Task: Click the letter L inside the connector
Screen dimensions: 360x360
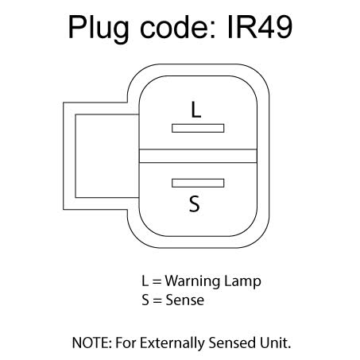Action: point(196,109)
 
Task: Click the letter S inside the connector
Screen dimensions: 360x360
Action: point(194,204)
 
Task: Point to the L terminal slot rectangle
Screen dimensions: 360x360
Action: point(199,127)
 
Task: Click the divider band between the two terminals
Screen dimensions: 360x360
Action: point(199,156)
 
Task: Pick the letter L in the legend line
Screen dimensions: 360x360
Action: point(144,281)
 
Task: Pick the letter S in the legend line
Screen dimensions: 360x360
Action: point(145,300)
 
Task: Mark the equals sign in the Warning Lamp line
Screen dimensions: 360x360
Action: point(156,282)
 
